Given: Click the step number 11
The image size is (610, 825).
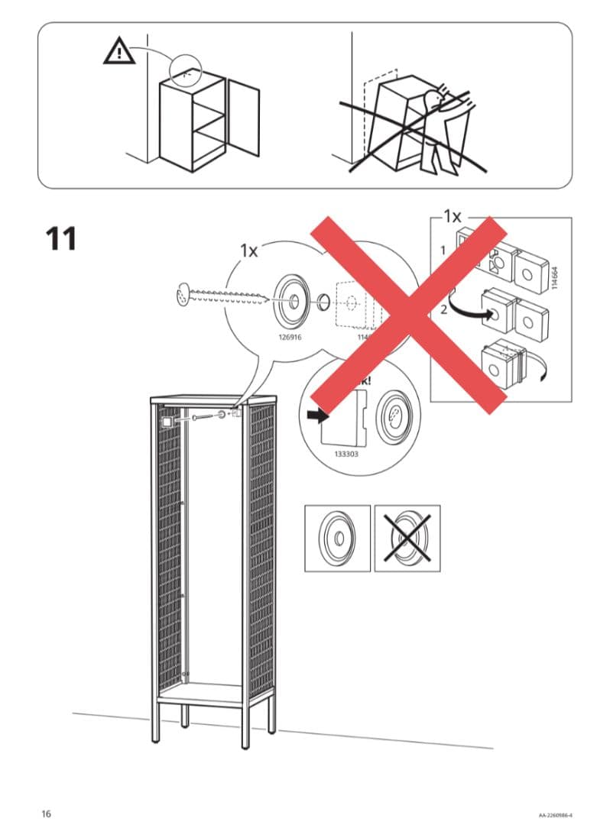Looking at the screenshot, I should click(x=61, y=238).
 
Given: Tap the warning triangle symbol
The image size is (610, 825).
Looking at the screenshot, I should click(x=117, y=51).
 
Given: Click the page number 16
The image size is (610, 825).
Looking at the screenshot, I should click(x=46, y=813).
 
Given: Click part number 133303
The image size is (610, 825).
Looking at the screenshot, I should click(x=346, y=453).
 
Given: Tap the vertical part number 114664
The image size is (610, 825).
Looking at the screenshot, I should click(x=556, y=277).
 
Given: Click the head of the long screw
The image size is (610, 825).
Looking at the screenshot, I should click(x=181, y=293).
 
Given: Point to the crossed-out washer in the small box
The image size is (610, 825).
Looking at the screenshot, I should click(x=407, y=538).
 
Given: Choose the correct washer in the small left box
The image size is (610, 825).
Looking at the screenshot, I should click(x=337, y=538).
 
